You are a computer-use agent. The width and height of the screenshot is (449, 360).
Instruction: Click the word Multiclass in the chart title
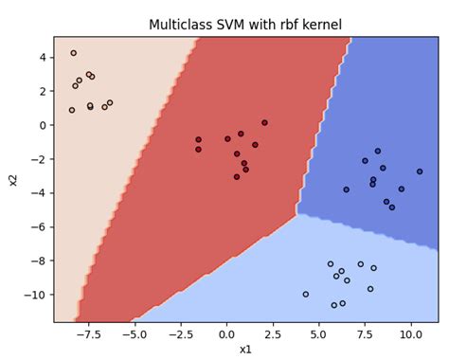[181, 25]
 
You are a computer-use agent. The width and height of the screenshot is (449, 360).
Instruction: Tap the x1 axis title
[245, 350]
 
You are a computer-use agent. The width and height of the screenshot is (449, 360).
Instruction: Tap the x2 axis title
[13, 179]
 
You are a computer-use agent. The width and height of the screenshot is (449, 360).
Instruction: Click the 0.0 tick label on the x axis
[225, 334]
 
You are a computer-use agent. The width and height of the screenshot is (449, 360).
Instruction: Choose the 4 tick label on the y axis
[43, 57]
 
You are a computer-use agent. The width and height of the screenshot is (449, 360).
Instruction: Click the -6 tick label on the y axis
[39, 227]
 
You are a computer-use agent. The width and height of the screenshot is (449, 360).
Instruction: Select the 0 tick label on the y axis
[43, 125]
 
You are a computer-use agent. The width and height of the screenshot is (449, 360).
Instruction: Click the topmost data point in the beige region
[74, 53]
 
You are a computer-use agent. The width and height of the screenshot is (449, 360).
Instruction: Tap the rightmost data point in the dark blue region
[420, 171]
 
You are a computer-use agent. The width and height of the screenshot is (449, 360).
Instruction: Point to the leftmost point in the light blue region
[305, 294]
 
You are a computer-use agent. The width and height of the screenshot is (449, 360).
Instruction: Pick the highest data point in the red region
[264, 122]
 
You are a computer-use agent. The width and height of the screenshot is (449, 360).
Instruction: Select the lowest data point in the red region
[237, 176]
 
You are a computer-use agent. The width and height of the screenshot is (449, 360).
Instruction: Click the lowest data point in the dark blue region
[392, 207]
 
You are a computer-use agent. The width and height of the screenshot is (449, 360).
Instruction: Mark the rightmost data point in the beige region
[110, 102]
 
